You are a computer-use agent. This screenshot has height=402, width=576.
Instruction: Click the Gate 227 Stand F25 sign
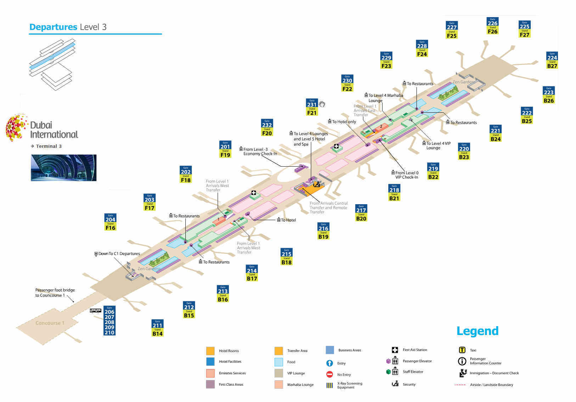click(452, 30)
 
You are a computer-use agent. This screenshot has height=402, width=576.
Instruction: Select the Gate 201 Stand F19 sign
click(225, 149)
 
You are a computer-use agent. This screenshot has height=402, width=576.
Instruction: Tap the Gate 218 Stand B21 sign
click(394, 192)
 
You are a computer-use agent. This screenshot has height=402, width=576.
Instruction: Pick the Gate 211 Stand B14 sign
click(157, 328)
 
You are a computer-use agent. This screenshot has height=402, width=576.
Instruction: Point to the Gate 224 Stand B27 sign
click(552, 60)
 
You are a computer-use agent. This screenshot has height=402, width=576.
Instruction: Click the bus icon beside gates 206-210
click(95, 311)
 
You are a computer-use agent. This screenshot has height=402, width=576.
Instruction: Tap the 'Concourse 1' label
click(50, 323)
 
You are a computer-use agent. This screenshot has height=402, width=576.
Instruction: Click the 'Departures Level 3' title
click(68, 27)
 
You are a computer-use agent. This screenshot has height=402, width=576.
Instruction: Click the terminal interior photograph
click(63, 168)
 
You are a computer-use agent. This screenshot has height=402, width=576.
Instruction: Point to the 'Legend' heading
click(477, 331)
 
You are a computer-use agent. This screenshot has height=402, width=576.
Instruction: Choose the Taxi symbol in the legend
click(462, 350)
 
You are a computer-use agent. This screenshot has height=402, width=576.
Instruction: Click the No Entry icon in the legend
click(329, 374)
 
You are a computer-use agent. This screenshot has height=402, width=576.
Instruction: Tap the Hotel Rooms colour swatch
click(210, 351)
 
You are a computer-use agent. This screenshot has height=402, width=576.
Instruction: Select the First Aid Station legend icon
click(395, 350)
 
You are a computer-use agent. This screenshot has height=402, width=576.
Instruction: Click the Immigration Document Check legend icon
click(463, 373)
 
